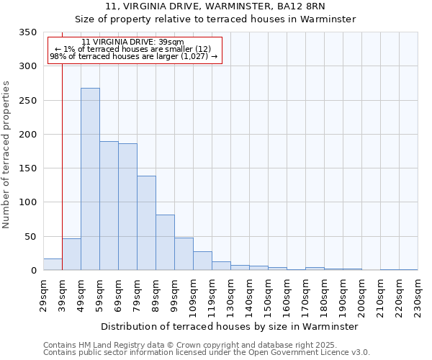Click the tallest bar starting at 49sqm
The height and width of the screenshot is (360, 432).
pos(90,179)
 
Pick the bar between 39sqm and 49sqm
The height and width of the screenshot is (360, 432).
pos(71,254)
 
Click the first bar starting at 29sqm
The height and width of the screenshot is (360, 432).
pos(53,264)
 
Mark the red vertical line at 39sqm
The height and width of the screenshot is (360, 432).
pos(63,158)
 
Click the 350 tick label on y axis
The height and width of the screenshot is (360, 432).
pos(27,32)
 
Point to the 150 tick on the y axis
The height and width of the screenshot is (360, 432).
pos(27,168)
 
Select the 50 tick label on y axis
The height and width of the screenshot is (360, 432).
pos(30,236)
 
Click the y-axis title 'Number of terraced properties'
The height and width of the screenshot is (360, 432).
pos(6,154)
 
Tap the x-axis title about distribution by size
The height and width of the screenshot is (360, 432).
pos(230,326)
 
